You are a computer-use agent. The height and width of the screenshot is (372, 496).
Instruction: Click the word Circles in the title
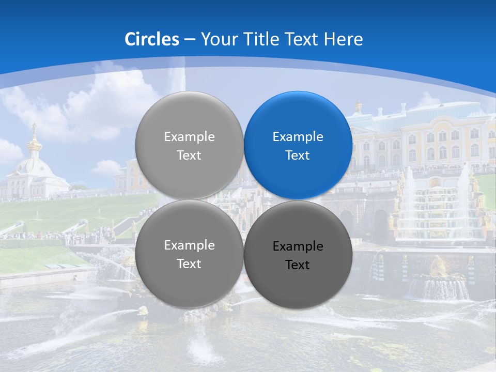[x=151, y=39]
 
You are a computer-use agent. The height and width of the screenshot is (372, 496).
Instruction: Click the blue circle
[x=298, y=145]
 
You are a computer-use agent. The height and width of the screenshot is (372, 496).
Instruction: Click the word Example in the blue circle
[x=298, y=137]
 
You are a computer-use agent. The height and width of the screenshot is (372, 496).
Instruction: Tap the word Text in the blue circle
[x=298, y=155]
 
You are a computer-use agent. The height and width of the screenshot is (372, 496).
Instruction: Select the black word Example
[x=298, y=246]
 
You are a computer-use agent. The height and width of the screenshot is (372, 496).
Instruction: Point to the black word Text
[x=298, y=265]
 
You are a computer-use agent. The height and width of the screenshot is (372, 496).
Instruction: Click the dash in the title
[x=190, y=40]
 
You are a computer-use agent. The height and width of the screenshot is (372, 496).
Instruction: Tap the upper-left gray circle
[x=189, y=145]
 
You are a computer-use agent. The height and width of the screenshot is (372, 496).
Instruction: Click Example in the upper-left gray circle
[x=189, y=137]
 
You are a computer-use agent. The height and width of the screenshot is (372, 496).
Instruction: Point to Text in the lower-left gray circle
[x=189, y=263]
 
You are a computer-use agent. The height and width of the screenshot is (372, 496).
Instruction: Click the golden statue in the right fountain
[x=438, y=266]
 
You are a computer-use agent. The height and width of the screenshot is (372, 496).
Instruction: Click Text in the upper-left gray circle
[x=189, y=155]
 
